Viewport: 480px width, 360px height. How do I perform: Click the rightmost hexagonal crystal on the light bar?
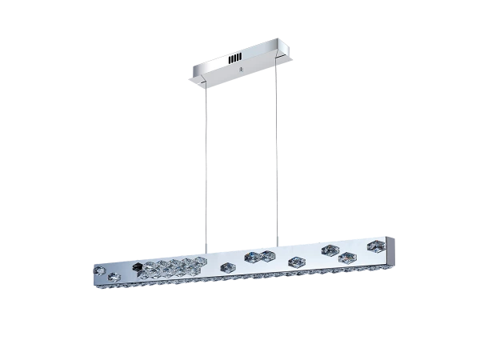click(373, 244)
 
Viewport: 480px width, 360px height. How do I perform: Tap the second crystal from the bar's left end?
click(114, 277)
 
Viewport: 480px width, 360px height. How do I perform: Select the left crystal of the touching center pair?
click(253, 255)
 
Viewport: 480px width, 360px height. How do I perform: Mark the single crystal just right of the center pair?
click(296, 261)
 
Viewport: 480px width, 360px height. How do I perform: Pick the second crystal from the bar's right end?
click(347, 257)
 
